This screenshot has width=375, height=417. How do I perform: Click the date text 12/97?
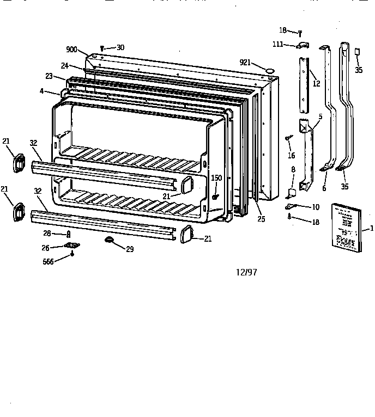pyautogui.click(x=245, y=272)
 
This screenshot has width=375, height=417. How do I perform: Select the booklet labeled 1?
pyautogui.click(x=346, y=228)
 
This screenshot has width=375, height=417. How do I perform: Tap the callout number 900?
pyautogui.click(x=72, y=49)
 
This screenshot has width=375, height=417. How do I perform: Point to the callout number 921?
pyautogui.click(x=245, y=62)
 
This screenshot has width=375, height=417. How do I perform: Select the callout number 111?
pyautogui.click(x=278, y=44)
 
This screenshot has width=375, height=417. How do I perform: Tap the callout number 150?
pyautogui.click(x=216, y=178)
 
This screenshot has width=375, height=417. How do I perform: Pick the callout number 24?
pyautogui.click(x=64, y=66)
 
